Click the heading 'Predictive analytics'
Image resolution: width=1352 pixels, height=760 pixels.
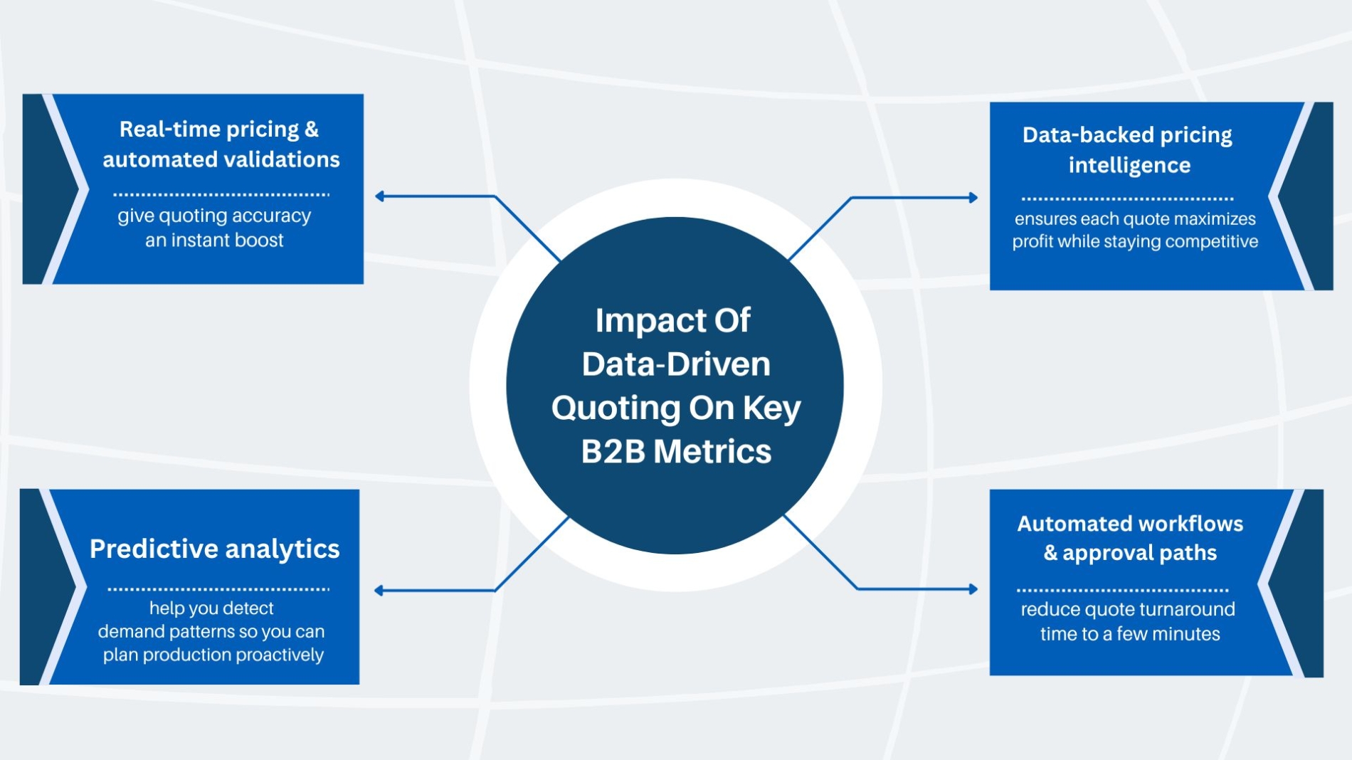[x=214, y=549]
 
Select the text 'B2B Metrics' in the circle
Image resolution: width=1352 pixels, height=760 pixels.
[x=676, y=451]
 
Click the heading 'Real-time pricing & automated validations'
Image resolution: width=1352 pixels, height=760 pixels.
[x=221, y=144]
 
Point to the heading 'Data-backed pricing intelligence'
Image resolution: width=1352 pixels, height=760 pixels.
[x=1128, y=149]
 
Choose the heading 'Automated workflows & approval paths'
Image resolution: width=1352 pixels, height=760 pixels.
[x=1130, y=538]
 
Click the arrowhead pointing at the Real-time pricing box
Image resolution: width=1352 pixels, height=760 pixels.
[x=380, y=196]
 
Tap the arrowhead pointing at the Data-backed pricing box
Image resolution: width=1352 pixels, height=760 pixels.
[x=973, y=198]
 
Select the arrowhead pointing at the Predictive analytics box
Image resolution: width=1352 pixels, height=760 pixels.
[x=379, y=591]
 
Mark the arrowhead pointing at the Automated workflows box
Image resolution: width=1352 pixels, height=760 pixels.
[x=973, y=589]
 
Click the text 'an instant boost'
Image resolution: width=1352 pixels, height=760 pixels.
[x=214, y=241]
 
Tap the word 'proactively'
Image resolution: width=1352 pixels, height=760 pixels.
[x=280, y=655]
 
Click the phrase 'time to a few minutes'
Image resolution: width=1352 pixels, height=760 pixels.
[x=1130, y=634]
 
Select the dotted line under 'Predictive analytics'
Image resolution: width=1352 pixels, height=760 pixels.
[x=218, y=589]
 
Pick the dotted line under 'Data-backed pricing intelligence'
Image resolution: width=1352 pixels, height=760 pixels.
[x=1128, y=199]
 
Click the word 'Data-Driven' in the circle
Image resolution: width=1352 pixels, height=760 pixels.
[x=676, y=364]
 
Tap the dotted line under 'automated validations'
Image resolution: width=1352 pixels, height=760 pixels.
[x=221, y=194]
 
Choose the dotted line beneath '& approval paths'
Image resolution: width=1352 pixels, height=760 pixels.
[x=1123, y=590]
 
